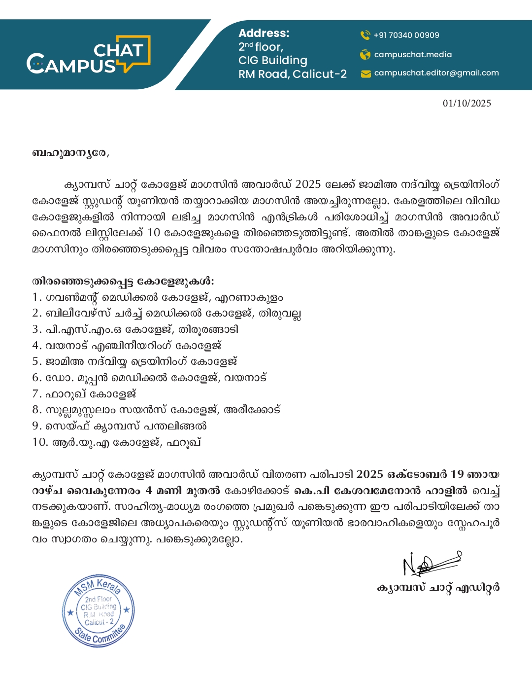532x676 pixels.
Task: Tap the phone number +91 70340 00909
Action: (406, 35)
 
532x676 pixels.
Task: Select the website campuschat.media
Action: (413, 55)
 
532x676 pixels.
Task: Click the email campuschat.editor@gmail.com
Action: (436, 73)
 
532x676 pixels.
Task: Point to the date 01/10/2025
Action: (466, 103)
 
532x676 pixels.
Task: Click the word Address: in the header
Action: (264, 33)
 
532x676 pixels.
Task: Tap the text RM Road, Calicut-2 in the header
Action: (293, 74)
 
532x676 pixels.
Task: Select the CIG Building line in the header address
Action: (273, 60)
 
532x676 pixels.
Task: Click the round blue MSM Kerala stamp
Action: (99, 610)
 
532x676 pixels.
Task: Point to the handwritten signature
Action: (431, 563)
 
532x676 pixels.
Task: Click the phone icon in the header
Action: (365, 35)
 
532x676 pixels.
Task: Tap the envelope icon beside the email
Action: (366, 74)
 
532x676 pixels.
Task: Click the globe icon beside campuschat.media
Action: (365, 55)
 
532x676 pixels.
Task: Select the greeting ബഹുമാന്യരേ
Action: (70, 153)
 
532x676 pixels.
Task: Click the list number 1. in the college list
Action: (36, 297)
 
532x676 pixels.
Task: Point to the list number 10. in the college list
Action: (40, 442)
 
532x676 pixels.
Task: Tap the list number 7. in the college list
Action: (36, 394)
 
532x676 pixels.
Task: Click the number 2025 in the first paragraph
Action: (308, 184)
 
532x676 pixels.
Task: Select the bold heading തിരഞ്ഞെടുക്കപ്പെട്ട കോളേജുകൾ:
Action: (123, 281)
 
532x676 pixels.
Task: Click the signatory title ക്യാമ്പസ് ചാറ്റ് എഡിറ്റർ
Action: (438, 588)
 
